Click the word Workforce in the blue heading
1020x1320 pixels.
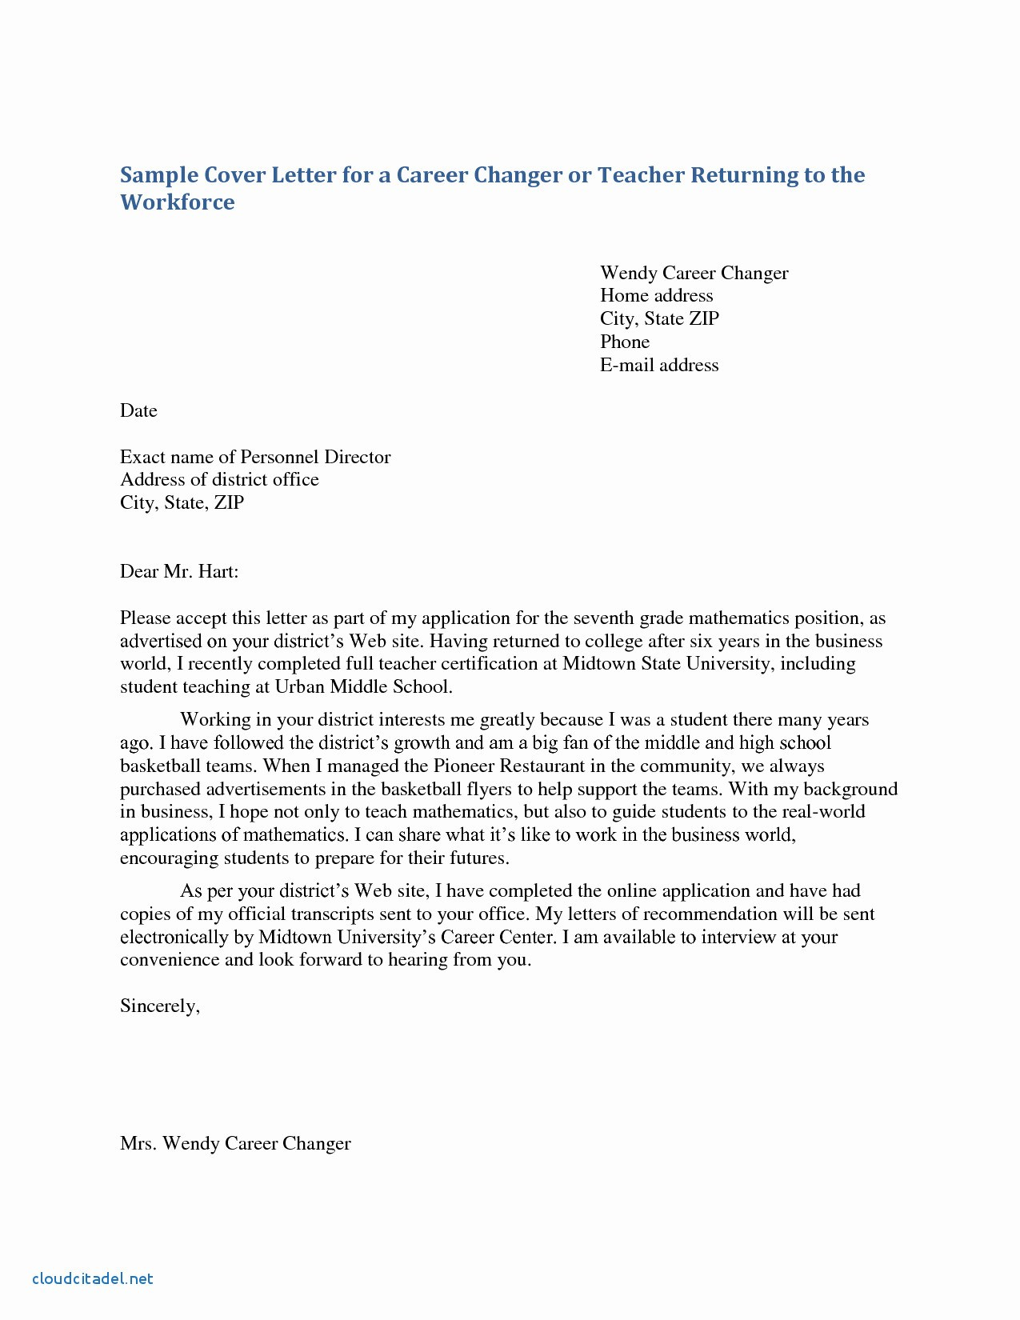point(178,202)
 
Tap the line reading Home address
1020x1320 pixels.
point(656,295)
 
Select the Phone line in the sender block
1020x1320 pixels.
point(624,342)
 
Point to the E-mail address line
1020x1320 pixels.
point(659,365)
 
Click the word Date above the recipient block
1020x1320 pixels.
point(138,410)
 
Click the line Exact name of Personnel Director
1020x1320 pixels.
point(255,457)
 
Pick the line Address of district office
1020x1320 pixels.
point(219,479)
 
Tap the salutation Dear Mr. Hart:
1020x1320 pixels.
point(179,571)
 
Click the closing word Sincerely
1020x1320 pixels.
point(159,1006)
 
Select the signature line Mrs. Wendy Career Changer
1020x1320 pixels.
point(235,1143)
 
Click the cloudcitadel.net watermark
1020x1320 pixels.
point(92,1278)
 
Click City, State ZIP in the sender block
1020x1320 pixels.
point(659,318)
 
